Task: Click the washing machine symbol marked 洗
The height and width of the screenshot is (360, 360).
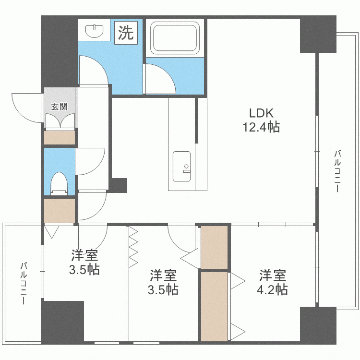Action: coord(126,33)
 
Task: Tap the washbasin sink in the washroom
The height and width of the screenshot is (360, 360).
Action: coord(94,31)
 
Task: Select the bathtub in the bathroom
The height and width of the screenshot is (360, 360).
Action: coord(175,38)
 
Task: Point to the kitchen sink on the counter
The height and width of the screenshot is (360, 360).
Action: coord(181,166)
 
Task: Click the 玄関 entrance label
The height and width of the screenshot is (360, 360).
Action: coord(59,107)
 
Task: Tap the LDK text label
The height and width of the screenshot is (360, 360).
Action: coord(262,113)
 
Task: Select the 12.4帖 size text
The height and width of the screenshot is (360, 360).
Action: coord(261,127)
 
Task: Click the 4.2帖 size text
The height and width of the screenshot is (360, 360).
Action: coord(272,289)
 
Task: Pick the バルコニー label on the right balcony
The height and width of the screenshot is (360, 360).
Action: coord(337,171)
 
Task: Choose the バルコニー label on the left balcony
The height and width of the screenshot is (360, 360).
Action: coord(24,284)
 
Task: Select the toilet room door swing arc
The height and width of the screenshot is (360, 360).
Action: coord(96,165)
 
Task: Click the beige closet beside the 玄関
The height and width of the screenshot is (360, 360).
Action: coord(60,138)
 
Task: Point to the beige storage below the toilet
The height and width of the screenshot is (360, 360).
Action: coord(60,211)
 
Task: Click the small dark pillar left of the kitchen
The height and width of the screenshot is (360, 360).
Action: coord(118,185)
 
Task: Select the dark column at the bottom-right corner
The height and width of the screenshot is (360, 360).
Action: coord(318,325)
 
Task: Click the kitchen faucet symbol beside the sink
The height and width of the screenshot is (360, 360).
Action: coord(186,168)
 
